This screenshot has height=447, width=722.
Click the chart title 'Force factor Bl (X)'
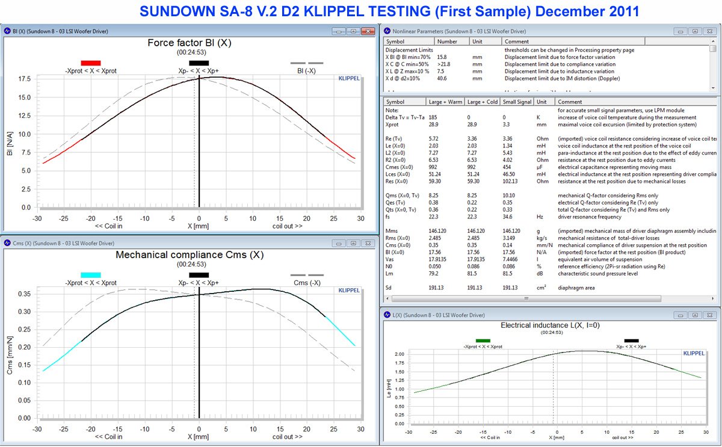coord(190,43)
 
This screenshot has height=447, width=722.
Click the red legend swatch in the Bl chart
coord(90,63)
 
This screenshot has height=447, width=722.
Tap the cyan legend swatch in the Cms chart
coord(90,275)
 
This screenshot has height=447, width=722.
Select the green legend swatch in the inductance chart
coord(483,341)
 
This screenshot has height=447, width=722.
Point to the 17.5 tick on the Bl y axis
coord(25,79)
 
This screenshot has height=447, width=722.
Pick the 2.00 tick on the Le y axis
coord(399,354)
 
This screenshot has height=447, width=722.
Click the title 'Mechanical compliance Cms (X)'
coord(190,255)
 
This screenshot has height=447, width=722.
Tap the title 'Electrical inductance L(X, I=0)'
coord(550,325)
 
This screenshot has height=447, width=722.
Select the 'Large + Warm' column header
coord(444,102)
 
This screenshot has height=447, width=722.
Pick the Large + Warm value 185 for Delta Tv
coord(433,117)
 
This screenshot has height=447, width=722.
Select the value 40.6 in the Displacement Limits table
coord(442,78)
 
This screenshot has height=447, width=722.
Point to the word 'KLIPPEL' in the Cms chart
coord(349,290)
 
